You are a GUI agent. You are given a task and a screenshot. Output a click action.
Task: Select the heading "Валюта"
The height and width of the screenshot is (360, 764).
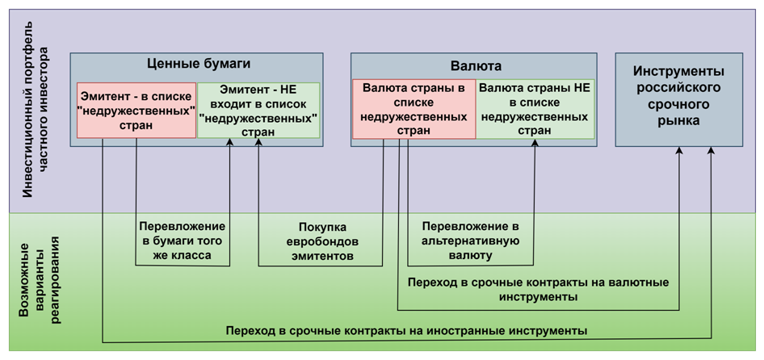pyautogui.click(x=473, y=65)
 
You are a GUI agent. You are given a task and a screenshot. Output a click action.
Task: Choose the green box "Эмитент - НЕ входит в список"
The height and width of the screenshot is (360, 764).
pyautogui.click(x=258, y=110)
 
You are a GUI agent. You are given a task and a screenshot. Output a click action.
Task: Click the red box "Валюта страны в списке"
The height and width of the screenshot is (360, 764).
pyautogui.click(x=413, y=109)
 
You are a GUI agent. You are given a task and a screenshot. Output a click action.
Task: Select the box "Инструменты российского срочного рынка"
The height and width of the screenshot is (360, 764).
pyautogui.click(x=678, y=99)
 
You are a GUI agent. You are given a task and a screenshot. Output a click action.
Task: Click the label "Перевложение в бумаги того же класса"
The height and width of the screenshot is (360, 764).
pyautogui.click(x=183, y=241)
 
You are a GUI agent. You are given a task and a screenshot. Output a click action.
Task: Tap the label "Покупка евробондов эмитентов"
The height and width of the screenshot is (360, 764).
pyautogui.click(x=322, y=241)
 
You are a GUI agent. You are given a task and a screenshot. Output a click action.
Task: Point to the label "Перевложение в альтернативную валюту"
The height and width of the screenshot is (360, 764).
pyautogui.click(x=471, y=241)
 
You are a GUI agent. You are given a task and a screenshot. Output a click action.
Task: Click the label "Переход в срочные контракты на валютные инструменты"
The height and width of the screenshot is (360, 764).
pyautogui.click(x=538, y=289)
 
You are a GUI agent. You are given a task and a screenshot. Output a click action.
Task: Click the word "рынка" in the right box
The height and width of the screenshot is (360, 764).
pyautogui.click(x=678, y=121)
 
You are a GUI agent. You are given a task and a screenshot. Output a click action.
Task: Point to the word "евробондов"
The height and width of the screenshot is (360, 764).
pyautogui.click(x=322, y=241)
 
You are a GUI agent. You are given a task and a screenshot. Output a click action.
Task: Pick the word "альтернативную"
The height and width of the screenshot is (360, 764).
pyautogui.click(x=471, y=241)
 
